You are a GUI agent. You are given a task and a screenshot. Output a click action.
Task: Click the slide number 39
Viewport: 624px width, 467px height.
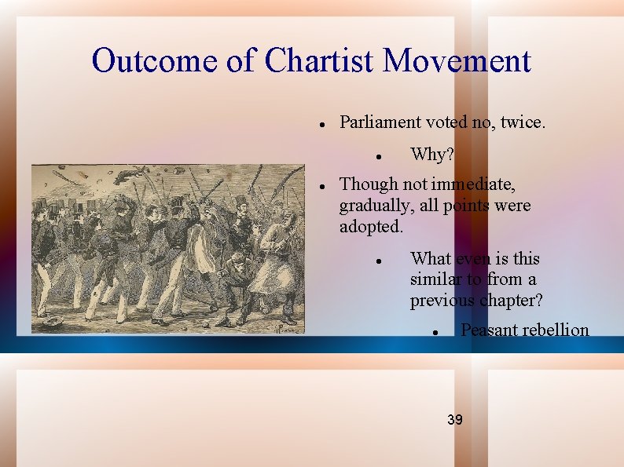pos(454,420)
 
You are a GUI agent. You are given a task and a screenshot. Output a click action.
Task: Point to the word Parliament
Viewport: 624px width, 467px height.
pos(380,122)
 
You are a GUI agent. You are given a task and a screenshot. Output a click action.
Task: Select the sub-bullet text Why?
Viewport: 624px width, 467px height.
pos(431,155)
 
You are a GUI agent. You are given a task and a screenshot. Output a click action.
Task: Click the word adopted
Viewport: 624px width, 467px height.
pos(370,227)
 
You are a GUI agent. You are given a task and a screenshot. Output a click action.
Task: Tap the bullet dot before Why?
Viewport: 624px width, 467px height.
pos(378,157)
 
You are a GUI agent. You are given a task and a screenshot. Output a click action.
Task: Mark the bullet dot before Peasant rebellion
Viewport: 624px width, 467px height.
pos(434,332)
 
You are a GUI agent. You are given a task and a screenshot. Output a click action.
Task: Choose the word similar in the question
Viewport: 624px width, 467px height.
pos(435,279)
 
